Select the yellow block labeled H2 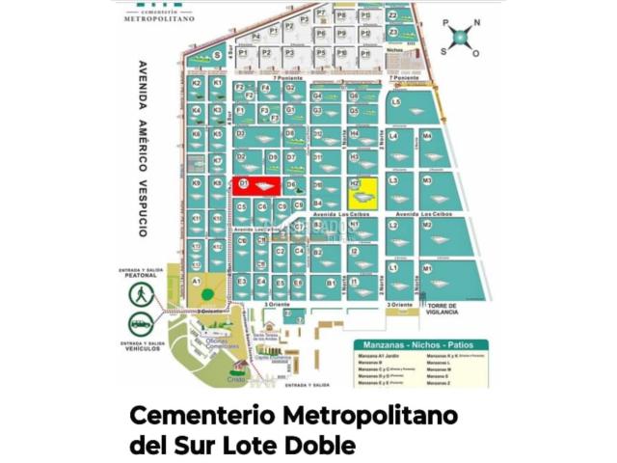(x=362, y=190)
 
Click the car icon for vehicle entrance (x=141, y=324)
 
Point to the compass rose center (x=461, y=38)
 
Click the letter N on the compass (x=476, y=23)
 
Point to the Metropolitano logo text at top (x=159, y=17)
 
